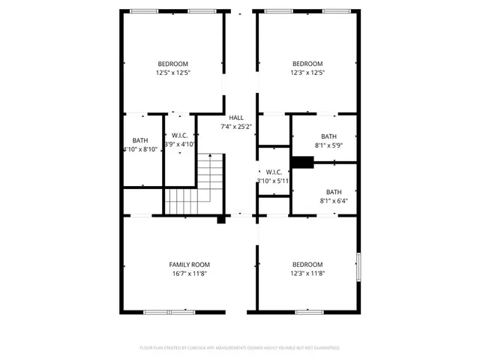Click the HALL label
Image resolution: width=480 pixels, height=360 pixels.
tap(236, 118)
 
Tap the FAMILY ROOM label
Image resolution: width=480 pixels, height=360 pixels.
tap(189, 265)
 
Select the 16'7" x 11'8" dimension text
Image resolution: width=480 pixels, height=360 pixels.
tap(189, 274)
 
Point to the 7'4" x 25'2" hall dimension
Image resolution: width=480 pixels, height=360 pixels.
tap(236, 127)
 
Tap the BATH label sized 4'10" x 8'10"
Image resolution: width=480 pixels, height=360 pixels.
tap(140, 140)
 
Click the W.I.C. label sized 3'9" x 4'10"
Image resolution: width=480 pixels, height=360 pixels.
tap(179, 135)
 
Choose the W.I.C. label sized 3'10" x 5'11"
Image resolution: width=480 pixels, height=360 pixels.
tap(273, 172)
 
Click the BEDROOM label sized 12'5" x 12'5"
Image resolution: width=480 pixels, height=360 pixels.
tap(172, 64)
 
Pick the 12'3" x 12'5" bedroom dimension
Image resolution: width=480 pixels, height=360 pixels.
tap(307, 73)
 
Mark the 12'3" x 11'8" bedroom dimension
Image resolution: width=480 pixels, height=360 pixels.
tap(307, 274)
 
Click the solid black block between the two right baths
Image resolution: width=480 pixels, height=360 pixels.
tap(301, 162)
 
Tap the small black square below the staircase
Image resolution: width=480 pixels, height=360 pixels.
tap(221, 219)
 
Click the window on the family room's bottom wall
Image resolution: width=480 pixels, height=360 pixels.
tap(169, 311)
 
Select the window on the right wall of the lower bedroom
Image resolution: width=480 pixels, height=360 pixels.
tap(358, 266)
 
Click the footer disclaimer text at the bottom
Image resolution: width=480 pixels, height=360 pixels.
tap(240, 348)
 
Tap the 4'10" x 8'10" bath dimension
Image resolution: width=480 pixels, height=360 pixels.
tap(140, 149)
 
